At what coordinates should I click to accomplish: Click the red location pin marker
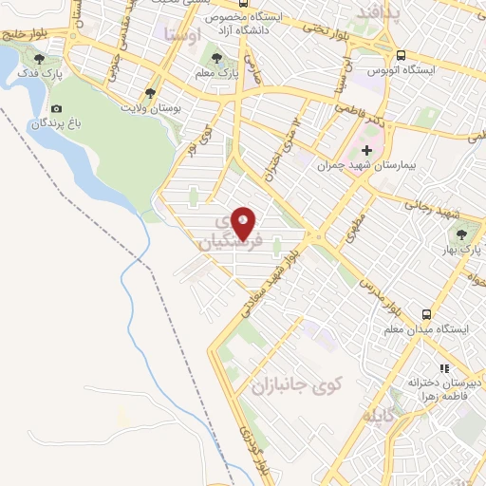pos(244,223)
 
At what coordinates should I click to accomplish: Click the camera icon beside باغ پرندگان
pos(57,110)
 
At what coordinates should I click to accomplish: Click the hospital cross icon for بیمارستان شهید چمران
pos(366,150)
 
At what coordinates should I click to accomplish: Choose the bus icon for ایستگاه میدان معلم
pos(427,314)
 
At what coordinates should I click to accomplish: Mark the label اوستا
pos(183,34)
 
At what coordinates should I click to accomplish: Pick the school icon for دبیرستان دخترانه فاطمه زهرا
pos(443,368)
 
